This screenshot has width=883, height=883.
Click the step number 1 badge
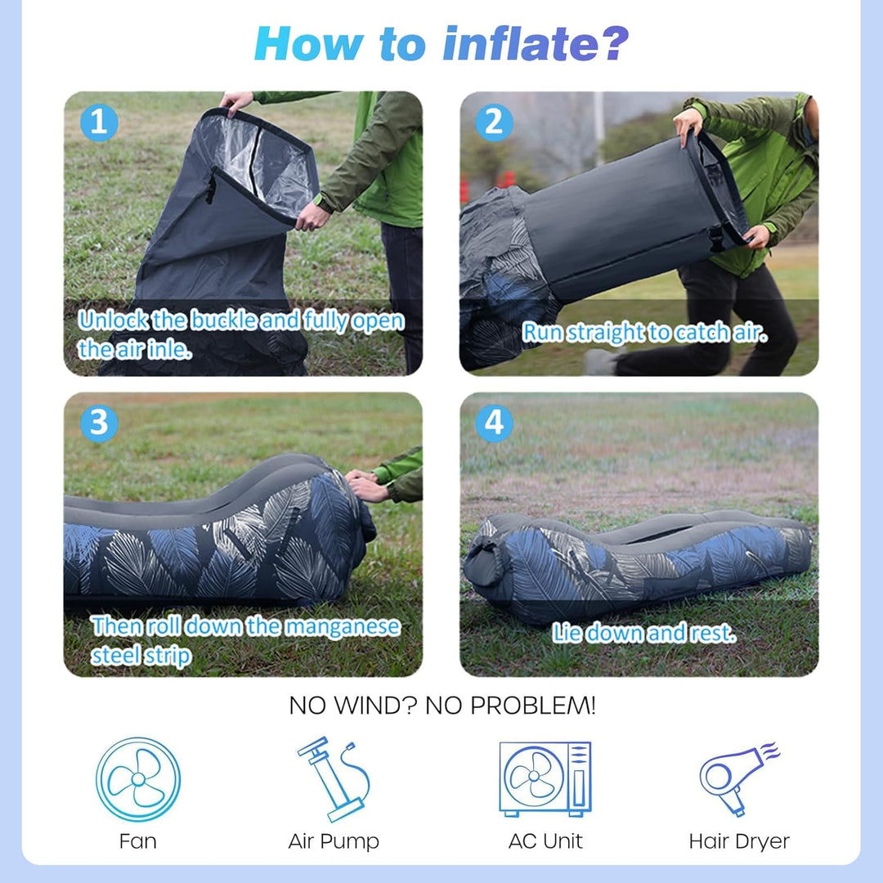pyautogui.click(x=99, y=122)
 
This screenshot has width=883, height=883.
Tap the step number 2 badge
pyautogui.click(x=495, y=122)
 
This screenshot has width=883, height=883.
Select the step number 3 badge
pyautogui.click(x=99, y=423)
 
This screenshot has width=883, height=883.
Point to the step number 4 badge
pyautogui.click(x=495, y=423)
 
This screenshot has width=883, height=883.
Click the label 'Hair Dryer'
pyautogui.click(x=739, y=841)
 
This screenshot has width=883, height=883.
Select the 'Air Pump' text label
pyautogui.click(x=334, y=841)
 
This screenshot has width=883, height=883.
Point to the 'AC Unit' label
pyautogui.click(x=545, y=840)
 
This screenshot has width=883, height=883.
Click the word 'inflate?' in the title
pyautogui.click(x=536, y=43)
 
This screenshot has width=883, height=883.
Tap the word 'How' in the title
pyautogui.click(x=308, y=44)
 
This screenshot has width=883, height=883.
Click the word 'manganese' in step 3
pyautogui.click(x=343, y=627)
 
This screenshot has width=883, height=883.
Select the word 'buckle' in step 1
pyautogui.click(x=224, y=320)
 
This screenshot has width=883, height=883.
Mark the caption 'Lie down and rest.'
pyautogui.click(x=643, y=633)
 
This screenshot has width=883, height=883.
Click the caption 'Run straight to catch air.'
pyautogui.click(x=644, y=332)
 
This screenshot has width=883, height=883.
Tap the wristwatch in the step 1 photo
pyautogui.click(x=322, y=204)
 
